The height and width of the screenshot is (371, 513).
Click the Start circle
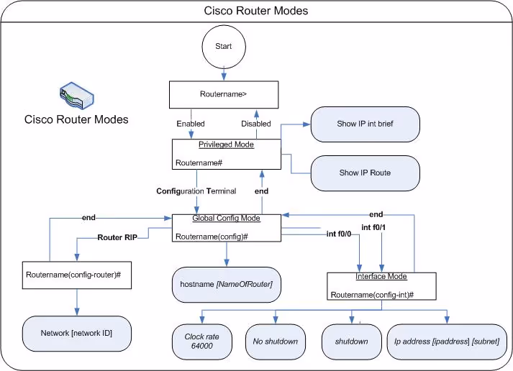coord(224,47)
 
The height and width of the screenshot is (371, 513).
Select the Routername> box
coord(223,94)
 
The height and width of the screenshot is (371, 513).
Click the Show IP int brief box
coord(365,124)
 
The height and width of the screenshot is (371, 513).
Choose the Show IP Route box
coord(365,173)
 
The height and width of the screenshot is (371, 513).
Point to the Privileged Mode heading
coord(226,144)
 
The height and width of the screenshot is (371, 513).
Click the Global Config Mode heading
coord(225,218)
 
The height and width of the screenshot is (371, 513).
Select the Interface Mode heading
coord(381,277)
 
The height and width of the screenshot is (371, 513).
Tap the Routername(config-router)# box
coord(77,275)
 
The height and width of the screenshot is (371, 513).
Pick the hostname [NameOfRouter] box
coord(227,284)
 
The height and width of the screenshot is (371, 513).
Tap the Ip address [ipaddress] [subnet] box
coord(446,342)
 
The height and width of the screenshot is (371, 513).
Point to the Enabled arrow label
coord(191,124)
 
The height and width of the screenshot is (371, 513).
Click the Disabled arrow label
coord(255,124)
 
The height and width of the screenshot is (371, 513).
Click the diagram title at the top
coord(256,11)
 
